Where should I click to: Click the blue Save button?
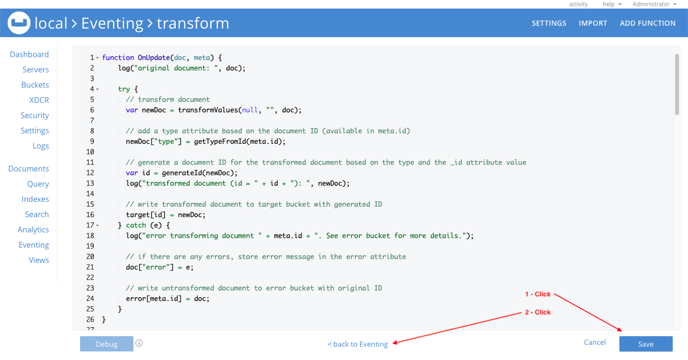click(646, 344)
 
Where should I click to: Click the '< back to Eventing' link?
click(357, 344)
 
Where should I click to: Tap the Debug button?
click(107, 344)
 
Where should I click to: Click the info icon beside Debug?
click(139, 343)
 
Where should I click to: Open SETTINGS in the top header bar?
click(549, 23)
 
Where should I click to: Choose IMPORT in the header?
click(593, 23)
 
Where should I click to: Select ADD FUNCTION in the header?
click(648, 23)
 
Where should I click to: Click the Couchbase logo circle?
click(19, 23)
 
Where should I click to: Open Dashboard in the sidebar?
click(29, 54)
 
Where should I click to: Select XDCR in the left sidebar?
click(39, 100)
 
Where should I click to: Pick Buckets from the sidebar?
click(35, 85)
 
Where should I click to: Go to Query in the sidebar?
click(38, 184)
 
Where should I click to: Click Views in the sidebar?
click(39, 260)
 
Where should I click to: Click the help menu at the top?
click(612, 4)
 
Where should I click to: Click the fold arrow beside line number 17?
click(97, 225)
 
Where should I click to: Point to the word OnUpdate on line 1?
click(153, 58)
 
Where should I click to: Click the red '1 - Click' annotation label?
click(538, 294)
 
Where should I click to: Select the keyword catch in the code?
click(136, 225)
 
